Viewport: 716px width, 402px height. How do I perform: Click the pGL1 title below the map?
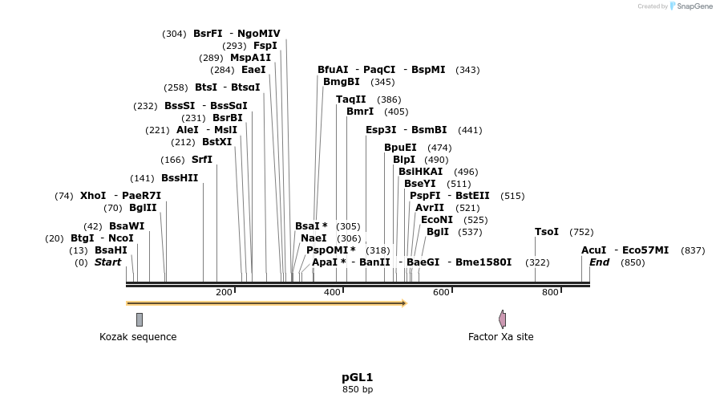pyautogui.click(x=358, y=377)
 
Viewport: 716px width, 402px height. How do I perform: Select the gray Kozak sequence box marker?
pyautogui.click(x=140, y=319)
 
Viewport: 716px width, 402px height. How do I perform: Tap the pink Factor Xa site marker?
pyautogui.click(x=503, y=319)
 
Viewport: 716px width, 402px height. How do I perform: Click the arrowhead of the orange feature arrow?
pyautogui.click(x=404, y=303)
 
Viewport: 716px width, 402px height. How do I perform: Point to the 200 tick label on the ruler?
pyautogui.click(x=224, y=292)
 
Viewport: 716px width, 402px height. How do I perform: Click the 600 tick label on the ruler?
pyautogui.click(x=441, y=292)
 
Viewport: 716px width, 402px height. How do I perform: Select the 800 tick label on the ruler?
pyautogui.click(x=550, y=292)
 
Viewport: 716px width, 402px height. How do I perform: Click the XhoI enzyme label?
pyautogui.click(x=93, y=196)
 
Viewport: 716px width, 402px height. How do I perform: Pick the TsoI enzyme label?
pyautogui.click(x=547, y=232)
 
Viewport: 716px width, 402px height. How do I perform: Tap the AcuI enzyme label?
pyautogui.click(x=594, y=250)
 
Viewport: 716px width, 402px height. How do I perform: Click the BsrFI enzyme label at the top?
pyautogui.click(x=208, y=34)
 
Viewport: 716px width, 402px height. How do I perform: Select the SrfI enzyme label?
pyautogui.click(x=202, y=160)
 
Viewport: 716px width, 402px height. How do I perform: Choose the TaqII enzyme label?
pyautogui.click(x=350, y=99)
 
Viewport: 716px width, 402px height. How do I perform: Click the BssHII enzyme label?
pyautogui.click(x=180, y=178)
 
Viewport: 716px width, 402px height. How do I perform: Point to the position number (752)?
pyautogui.click(x=581, y=232)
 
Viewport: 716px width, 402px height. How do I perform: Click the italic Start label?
pyautogui.click(x=108, y=262)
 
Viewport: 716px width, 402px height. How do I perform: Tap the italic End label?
pyautogui.click(x=600, y=262)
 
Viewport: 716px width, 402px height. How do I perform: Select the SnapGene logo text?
pyautogui.click(x=694, y=6)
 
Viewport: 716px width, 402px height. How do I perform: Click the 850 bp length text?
pyautogui.click(x=358, y=390)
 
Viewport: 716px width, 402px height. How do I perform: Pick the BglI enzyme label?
pyautogui.click(x=438, y=232)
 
